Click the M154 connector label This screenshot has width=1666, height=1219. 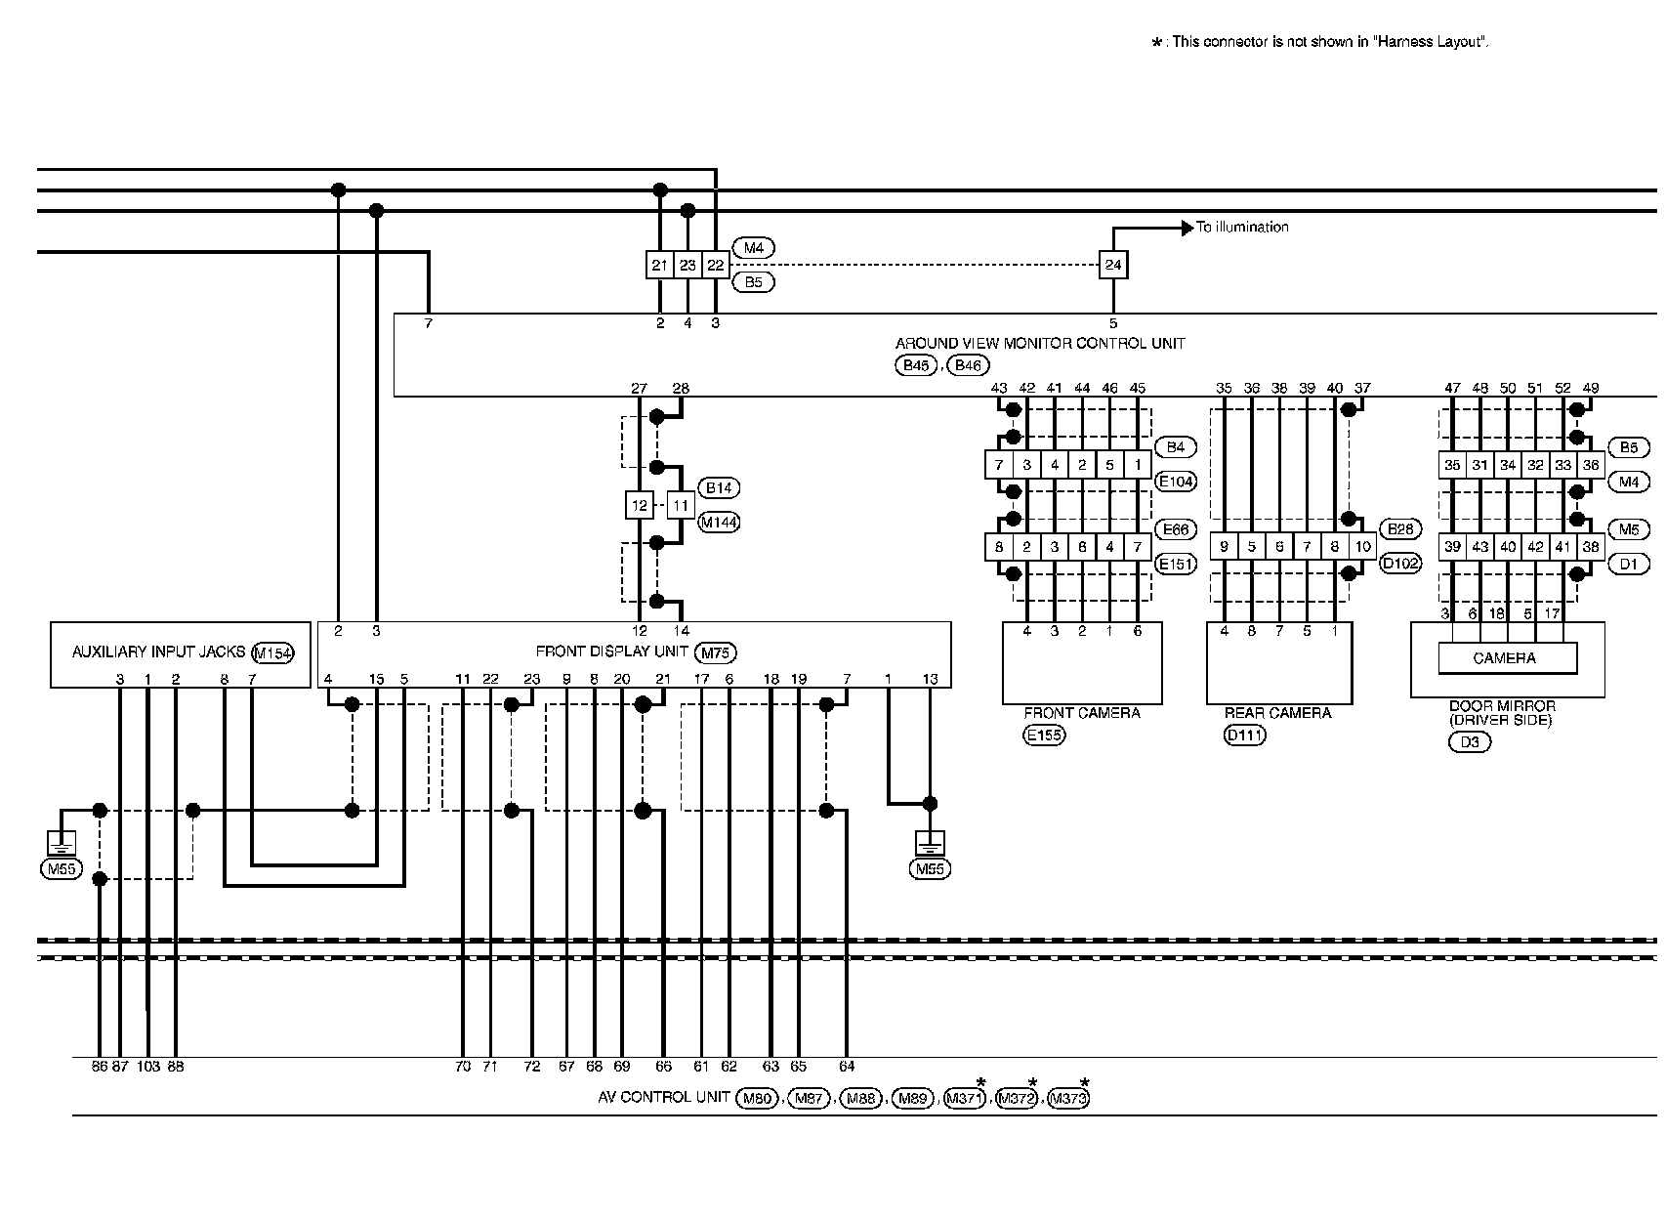coord(272,653)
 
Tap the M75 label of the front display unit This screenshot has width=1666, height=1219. coord(716,652)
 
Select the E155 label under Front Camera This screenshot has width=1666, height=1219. coord(1044,736)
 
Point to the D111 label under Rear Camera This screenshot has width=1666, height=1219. coord(1244,736)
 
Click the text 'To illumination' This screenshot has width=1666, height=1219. coord(1242,228)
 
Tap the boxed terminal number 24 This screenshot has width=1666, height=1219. coord(1112,265)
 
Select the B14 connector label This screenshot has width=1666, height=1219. coord(719,487)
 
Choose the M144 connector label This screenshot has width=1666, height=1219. coord(719,523)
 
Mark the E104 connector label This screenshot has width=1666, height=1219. coord(1175,481)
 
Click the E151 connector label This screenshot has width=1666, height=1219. coord(1175,564)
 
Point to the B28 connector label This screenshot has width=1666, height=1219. coord(1399,528)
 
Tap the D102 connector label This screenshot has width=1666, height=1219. coord(1399,564)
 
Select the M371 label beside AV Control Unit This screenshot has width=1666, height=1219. coord(965,1099)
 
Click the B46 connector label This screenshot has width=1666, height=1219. coord(968,365)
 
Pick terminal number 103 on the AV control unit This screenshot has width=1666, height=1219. coord(148,1067)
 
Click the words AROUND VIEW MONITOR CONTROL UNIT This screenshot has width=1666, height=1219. coord(1040,344)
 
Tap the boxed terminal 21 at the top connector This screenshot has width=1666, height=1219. coord(659,265)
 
